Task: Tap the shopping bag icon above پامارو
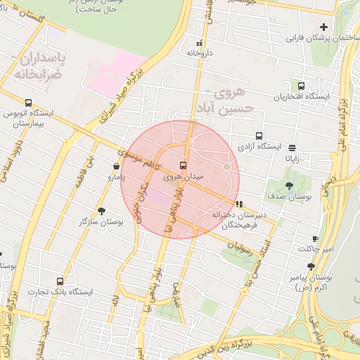click(x=116, y=167)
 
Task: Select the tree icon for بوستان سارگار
click(x=102, y=210)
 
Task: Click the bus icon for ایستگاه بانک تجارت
click(x=60, y=281)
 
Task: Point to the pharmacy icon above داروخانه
click(x=200, y=43)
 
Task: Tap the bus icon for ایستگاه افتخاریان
click(x=295, y=86)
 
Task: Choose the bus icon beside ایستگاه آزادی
click(x=259, y=136)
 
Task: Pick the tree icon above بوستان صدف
click(x=289, y=186)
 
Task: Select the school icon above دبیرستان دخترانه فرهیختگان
click(x=239, y=204)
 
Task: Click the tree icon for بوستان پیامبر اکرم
click(x=311, y=266)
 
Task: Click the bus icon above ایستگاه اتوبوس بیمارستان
click(x=28, y=103)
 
